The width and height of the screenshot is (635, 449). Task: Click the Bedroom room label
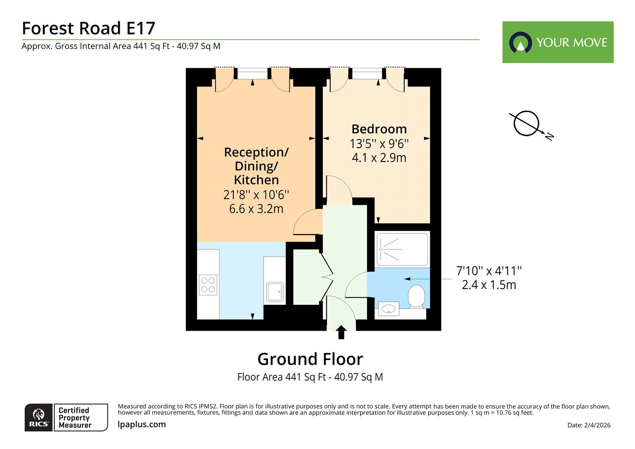click(x=379, y=129)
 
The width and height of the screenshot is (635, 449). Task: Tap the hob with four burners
click(x=208, y=285)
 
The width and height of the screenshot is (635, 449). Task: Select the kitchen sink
click(x=275, y=292)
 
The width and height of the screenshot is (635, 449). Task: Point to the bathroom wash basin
click(x=389, y=308)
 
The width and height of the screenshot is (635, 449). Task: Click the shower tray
click(x=402, y=249)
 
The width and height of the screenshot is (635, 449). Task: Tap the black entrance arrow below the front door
click(x=341, y=332)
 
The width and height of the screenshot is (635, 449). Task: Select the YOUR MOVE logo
click(x=558, y=42)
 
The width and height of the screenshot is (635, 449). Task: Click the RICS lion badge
click(x=38, y=417)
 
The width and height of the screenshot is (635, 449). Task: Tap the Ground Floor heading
click(x=310, y=359)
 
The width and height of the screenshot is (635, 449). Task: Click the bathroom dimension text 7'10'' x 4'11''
click(x=489, y=271)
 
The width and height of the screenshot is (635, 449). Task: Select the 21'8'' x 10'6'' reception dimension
click(x=256, y=195)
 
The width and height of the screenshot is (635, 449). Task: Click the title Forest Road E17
click(x=88, y=28)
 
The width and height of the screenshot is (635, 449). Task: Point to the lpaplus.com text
click(x=142, y=424)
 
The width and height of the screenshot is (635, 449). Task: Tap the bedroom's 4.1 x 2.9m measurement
click(x=379, y=158)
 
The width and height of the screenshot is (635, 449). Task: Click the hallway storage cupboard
click(x=306, y=277)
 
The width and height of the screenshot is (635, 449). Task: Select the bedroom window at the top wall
click(x=367, y=74)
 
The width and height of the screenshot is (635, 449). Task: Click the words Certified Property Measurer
click(x=75, y=418)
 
